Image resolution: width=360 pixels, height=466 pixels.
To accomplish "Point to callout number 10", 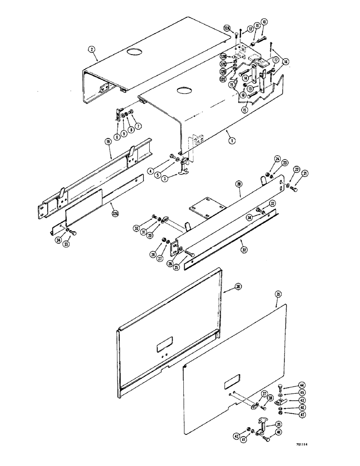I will click(x=265, y=22).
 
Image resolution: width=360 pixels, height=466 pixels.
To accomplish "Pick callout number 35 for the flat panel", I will click(x=278, y=294).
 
